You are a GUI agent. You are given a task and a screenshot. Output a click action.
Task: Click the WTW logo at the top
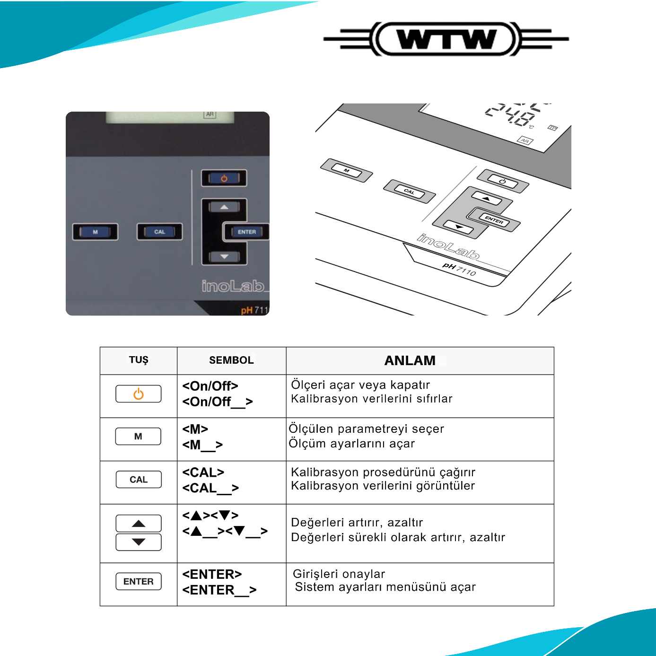click(x=446, y=39)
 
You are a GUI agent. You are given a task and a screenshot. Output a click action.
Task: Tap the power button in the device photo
click(x=224, y=178)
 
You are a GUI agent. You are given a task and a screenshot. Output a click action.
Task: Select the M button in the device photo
click(x=95, y=232)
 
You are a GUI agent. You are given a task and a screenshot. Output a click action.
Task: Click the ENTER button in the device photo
click(x=246, y=232)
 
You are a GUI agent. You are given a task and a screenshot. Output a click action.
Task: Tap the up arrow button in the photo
click(x=224, y=207)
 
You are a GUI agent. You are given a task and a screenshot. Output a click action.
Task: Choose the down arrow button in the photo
click(x=224, y=256)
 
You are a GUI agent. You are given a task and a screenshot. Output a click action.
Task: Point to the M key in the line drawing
click(x=347, y=171)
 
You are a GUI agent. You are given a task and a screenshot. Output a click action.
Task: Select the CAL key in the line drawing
click(x=410, y=192)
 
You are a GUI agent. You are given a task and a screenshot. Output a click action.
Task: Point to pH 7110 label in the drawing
click(x=459, y=269)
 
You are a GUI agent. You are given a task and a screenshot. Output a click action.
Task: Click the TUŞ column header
click(x=139, y=360)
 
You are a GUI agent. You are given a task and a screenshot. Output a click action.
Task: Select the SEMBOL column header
click(x=231, y=360)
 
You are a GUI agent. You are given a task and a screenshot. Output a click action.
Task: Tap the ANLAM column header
click(x=410, y=360)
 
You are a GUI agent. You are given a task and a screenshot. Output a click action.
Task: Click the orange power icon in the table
click(x=139, y=394)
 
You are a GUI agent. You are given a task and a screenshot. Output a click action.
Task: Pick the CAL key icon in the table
click(x=139, y=480)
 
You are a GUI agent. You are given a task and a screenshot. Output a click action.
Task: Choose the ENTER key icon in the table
click(x=139, y=581)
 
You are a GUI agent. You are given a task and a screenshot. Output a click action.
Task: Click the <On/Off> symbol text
click(x=210, y=386)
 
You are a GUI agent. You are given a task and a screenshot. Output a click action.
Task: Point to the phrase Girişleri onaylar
click(x=339, y=574)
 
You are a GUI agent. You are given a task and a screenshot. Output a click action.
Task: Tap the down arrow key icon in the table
click(x=139, y=542)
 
